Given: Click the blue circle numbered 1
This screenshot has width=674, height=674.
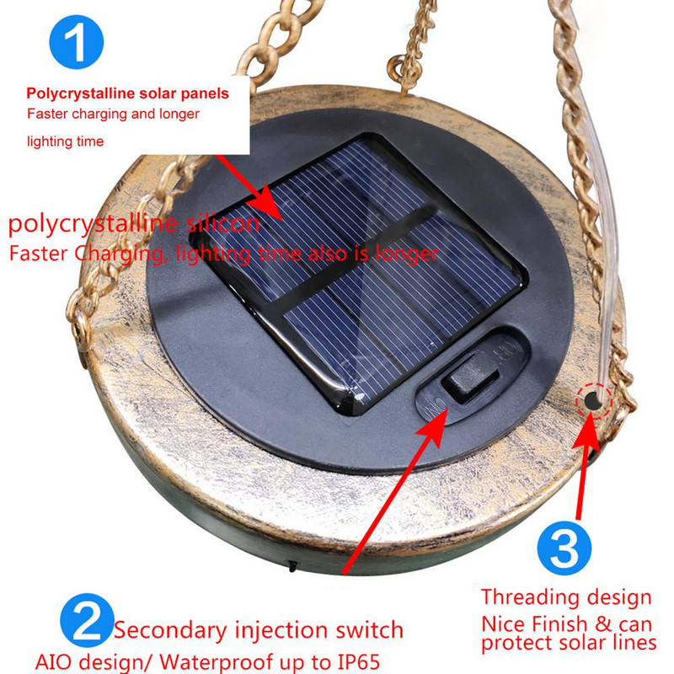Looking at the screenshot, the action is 77,41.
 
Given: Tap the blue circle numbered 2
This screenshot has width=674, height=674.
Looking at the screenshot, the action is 88,620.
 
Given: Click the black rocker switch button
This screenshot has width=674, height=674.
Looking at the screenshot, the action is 472,375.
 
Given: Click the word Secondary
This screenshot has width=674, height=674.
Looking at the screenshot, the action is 170,630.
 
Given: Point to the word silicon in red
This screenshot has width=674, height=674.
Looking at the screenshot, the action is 222,223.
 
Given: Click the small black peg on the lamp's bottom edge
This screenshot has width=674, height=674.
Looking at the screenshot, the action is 292,566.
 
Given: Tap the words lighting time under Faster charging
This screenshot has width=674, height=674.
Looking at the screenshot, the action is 66,142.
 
